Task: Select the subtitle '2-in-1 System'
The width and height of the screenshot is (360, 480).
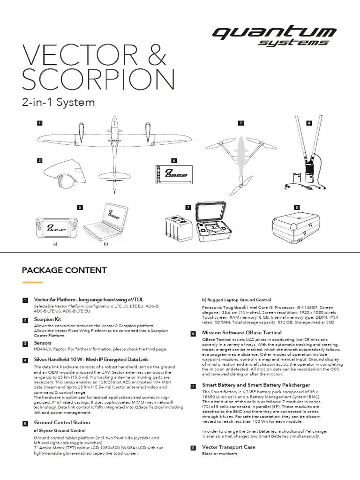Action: (59, 102)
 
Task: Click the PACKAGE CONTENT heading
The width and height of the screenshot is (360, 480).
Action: (64, 270)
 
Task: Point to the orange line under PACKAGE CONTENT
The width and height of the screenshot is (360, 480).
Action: (32, 283)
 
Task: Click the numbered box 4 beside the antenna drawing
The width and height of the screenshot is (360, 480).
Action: (309, 123)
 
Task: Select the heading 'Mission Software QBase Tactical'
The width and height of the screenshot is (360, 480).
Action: (241, 333)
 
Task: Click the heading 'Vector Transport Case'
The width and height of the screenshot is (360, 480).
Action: (228, 447)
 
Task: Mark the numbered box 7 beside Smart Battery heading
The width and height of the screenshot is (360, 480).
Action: (193, 386)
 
